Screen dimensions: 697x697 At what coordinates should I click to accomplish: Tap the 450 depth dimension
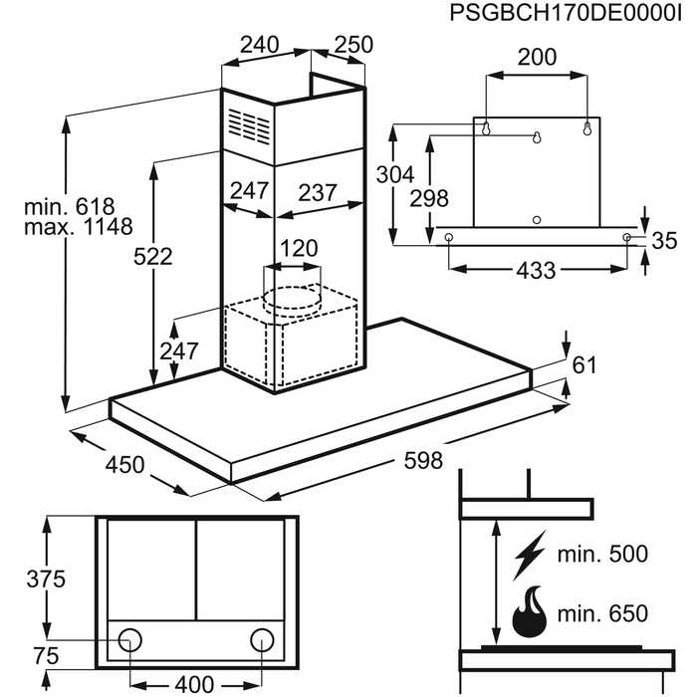point(124,464)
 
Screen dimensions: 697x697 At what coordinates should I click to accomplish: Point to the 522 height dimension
point(153,256)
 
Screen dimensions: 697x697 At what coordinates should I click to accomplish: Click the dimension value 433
point(536,270)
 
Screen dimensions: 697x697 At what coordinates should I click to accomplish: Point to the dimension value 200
point(537,58)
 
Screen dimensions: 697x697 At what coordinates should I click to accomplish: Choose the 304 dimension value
point(395,174)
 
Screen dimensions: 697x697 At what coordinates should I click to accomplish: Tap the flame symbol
point(528,613)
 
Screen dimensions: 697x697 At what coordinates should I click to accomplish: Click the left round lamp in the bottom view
point(130,638)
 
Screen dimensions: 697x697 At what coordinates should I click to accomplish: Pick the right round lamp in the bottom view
point(262,638)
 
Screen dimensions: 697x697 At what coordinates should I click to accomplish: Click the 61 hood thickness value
point(584,365)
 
